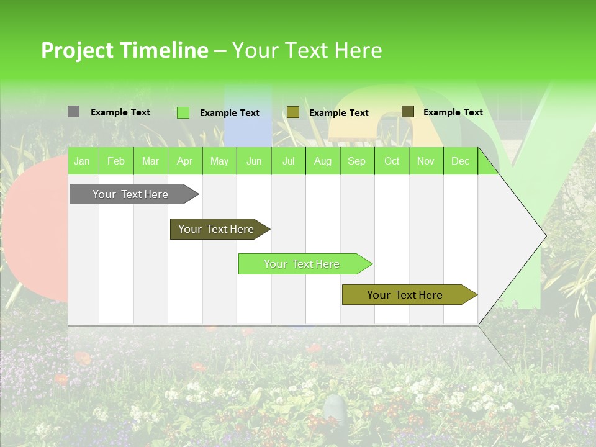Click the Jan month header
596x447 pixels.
coord(82,161)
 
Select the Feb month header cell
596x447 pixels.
coord(116,161)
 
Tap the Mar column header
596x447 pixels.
coord(150,161)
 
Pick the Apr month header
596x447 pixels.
coord(185,161)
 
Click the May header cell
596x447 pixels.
coord(219,161)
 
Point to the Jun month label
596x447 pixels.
coord(254,161)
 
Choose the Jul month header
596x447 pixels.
coord(288,161)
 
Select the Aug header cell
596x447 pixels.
coord(323,161)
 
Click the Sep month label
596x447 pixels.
coord(357,161)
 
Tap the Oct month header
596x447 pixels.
coord(392,161)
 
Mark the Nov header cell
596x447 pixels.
coord(426,161)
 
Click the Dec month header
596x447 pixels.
coord(460,161)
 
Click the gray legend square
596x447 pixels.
coord(73,112)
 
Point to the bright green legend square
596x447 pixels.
coord(183,112)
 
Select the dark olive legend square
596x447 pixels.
coord(407,112)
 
